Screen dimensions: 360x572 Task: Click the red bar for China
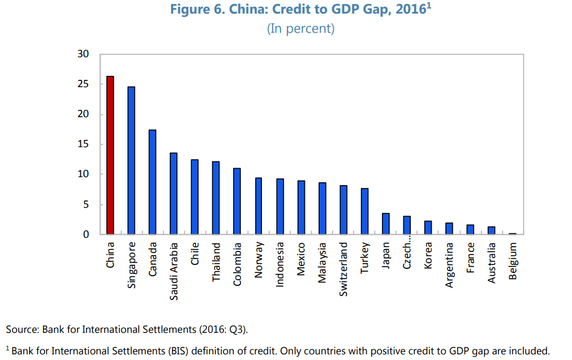[x=110, y=155]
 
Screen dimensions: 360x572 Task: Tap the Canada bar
[x=152, y=182]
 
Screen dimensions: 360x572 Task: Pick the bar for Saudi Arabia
[x=174, y=193]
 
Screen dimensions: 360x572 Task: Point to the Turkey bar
[x=364, y=211]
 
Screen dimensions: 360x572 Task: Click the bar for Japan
[x=385, y=224]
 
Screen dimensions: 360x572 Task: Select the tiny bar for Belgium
[x=513, y=233]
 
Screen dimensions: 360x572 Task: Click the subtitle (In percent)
[x=300, y=29]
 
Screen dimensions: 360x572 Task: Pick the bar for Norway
[x=259, y=206]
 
